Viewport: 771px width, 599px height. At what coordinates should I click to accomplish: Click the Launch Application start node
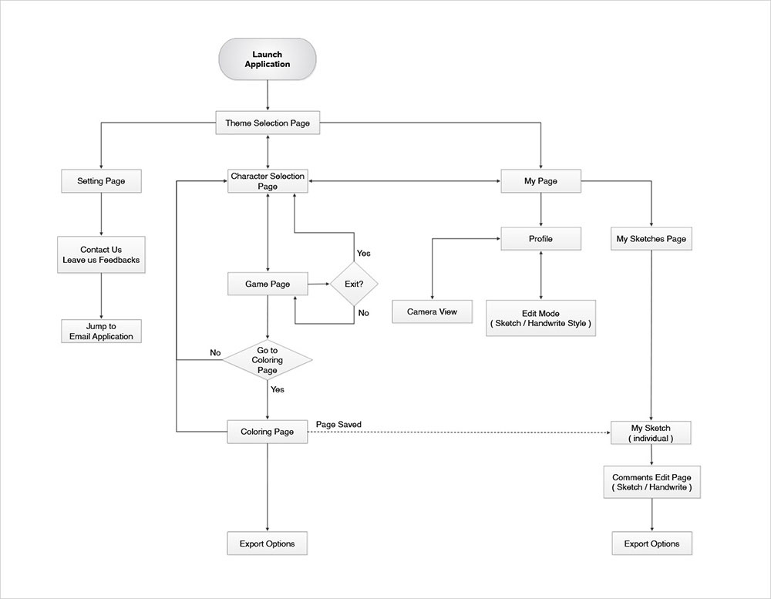(x=268, y=59)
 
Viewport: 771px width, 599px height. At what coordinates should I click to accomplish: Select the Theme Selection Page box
(x=268, y=123)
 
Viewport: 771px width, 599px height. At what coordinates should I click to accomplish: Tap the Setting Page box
(x=101, y=182)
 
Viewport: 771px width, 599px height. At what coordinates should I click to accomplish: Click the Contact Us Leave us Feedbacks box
(x=101, y=255)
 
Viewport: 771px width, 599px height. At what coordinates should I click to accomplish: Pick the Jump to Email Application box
(x=101, y=331)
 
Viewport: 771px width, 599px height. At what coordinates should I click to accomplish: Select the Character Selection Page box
(x=268, y=182)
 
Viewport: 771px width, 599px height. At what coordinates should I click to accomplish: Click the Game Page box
(x=268, y=284)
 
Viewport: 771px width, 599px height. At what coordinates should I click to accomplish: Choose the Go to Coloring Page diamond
(x=268, y=360)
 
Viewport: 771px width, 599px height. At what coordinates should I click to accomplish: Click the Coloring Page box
(x=268, y=432)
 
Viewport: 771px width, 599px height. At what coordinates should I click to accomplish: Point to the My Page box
(x=540, y=182)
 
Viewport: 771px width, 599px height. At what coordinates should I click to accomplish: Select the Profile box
(x=540, y=239)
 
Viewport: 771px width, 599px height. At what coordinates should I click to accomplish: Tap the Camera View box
(x=432, y=311)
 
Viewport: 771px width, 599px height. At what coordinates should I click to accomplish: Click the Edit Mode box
(x=540, y=318)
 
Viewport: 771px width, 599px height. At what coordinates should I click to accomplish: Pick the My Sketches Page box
(x=651, y=239)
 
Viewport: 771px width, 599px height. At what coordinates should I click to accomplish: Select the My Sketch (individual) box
(x=651, y=433)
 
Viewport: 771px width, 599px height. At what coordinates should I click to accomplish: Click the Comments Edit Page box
(x=651, y=483)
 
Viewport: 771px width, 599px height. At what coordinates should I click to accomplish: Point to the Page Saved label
(x=338, y=425)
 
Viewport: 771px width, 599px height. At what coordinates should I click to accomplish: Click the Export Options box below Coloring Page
(x=268, y=543)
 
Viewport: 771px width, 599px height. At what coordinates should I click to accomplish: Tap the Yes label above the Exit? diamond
(x=363, y=254)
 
